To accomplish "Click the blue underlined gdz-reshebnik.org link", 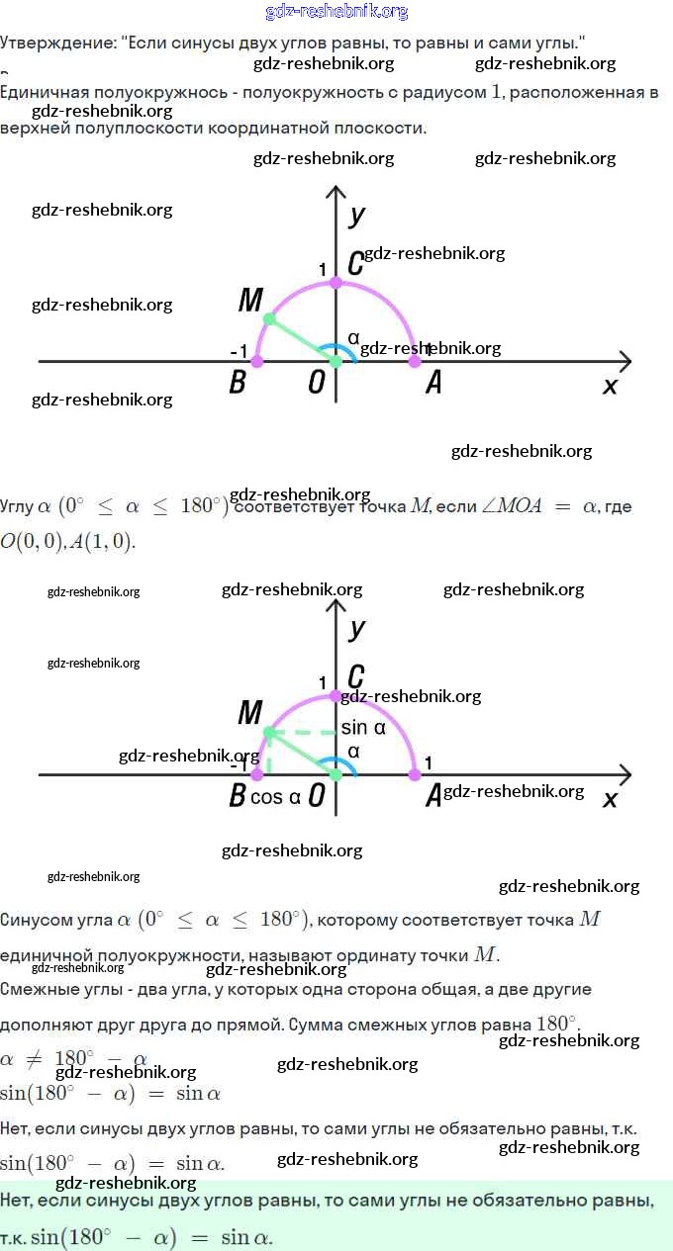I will pos(336,12).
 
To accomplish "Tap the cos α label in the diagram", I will pos(275,797).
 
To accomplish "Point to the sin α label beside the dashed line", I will pos(362,728).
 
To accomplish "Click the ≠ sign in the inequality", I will pos(35,1059).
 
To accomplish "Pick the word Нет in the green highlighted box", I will pos(18,1201).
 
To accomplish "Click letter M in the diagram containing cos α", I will pos(249,712).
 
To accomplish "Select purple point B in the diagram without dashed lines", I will pos(257,362).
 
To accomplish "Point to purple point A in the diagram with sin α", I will pos(415,774).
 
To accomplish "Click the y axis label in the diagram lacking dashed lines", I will pos(357,215).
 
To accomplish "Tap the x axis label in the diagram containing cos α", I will pos(610,798).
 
